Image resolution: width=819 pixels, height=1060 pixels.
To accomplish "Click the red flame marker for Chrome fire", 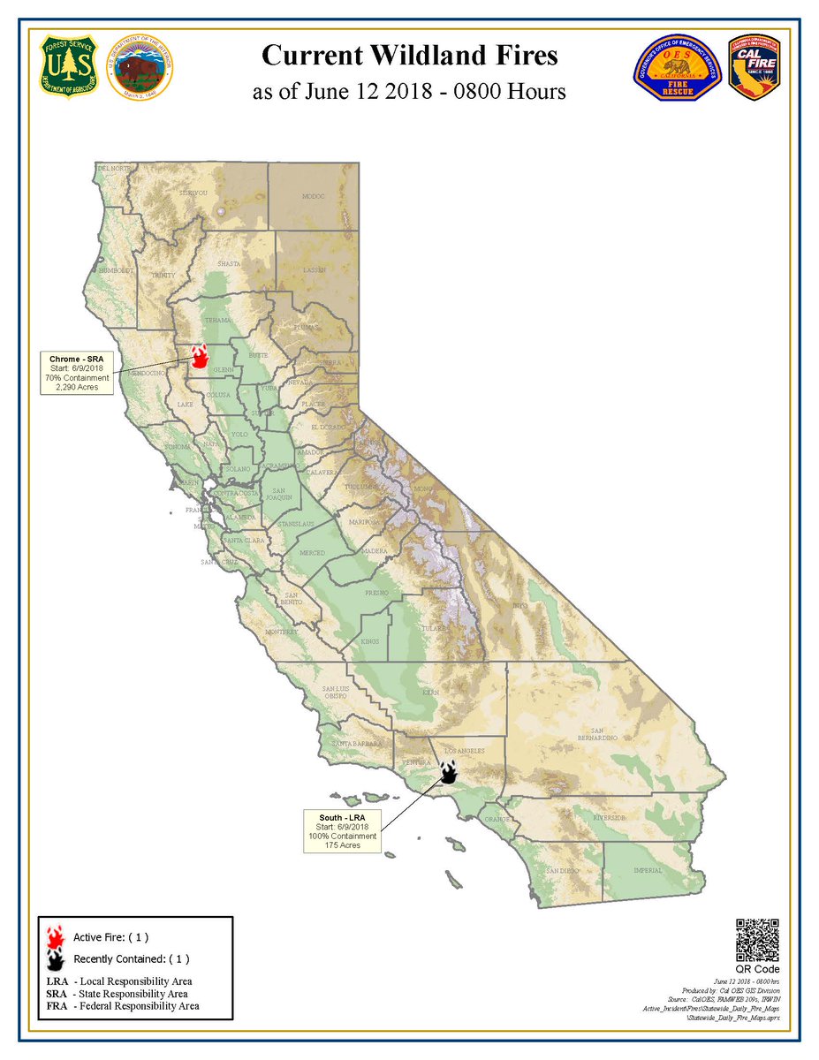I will (x=200, y=356).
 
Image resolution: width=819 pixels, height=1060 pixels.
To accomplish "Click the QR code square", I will (x=757, y=940).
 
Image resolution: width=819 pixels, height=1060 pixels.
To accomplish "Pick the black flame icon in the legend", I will (x=56, y=958).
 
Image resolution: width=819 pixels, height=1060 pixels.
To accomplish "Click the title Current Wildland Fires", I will (x=409, y=57).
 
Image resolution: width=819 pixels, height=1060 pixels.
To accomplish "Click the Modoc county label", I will (x=314, y=196).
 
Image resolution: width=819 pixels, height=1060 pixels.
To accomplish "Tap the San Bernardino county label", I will (x=597, y=735).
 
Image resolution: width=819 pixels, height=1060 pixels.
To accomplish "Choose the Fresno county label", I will (x=377, y=593).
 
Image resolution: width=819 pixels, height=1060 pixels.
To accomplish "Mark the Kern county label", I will (x=430, y=693).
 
